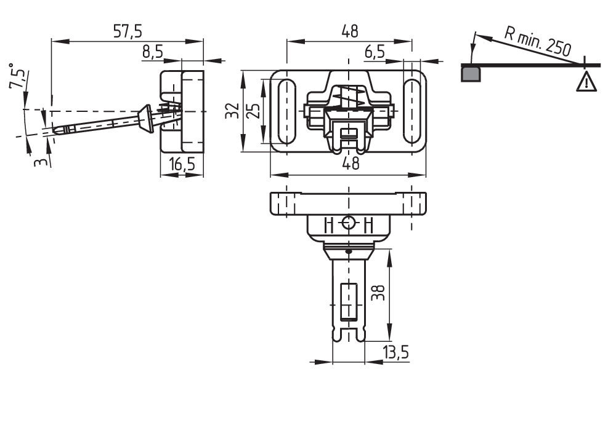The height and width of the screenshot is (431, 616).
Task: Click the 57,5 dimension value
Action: [x=128, y=31]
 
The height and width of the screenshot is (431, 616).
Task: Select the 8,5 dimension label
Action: [x=152, y=52]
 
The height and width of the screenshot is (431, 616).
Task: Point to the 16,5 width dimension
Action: [x=182, y=164]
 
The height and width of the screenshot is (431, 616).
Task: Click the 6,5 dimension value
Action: [x=375, y=52]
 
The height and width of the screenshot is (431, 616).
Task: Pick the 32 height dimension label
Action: [x=232, y=111]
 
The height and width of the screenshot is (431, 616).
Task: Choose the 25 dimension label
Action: [x=254, y=111]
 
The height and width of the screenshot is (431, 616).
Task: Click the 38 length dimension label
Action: [x=378, y=293]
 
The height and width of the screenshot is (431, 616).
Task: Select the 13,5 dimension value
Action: [x=396, y=352]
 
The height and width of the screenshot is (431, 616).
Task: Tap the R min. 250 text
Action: [x=537, y=41]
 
